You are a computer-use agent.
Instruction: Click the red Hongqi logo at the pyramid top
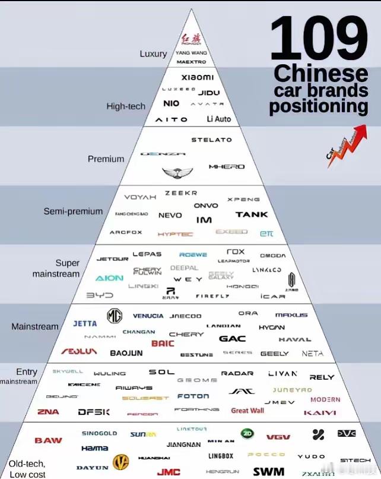[190, 39]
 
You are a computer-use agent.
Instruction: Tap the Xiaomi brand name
[197, 77]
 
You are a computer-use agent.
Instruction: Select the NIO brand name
[171, 103]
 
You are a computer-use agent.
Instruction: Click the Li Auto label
[219, 119]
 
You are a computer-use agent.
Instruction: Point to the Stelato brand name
[211, 140]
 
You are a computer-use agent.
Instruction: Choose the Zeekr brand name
[180, 193]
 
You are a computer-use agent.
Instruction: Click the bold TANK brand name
[252, 215]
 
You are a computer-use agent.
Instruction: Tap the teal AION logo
[109, 278]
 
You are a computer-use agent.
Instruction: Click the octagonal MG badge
[115, 316]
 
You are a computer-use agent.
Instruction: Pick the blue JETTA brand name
[85, 324]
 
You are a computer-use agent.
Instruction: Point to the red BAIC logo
[163, 344]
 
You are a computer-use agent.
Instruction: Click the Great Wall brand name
[247, 411]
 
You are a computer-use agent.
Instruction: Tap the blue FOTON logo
[193, 396]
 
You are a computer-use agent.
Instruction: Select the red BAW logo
[48, 440]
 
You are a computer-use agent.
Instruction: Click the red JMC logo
[169, 472]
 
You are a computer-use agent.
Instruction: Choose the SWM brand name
[268, 472]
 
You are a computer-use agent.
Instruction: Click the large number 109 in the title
[319, 40]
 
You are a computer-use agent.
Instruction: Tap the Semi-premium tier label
[73, 212]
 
